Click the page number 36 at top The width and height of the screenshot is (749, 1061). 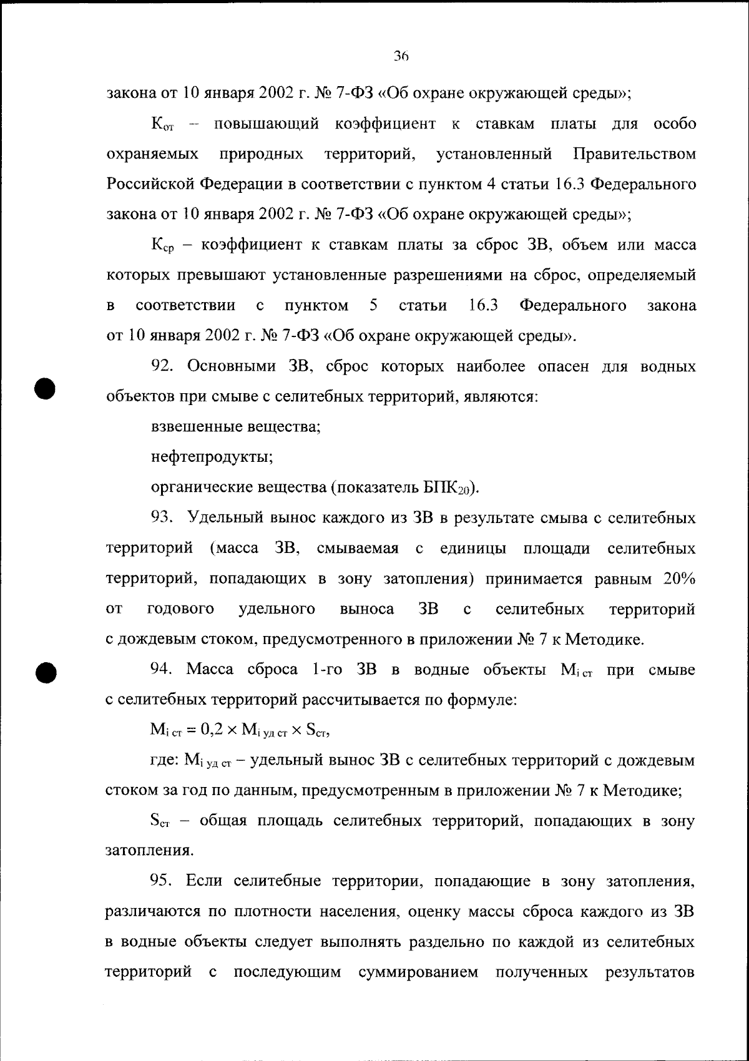click(x=400, y=56)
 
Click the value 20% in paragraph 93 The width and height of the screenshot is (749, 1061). click(x=679, y=579)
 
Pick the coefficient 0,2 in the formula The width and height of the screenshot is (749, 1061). click(x=203, y=730)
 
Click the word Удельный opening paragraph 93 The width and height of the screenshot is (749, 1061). click(x=225, y=518)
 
